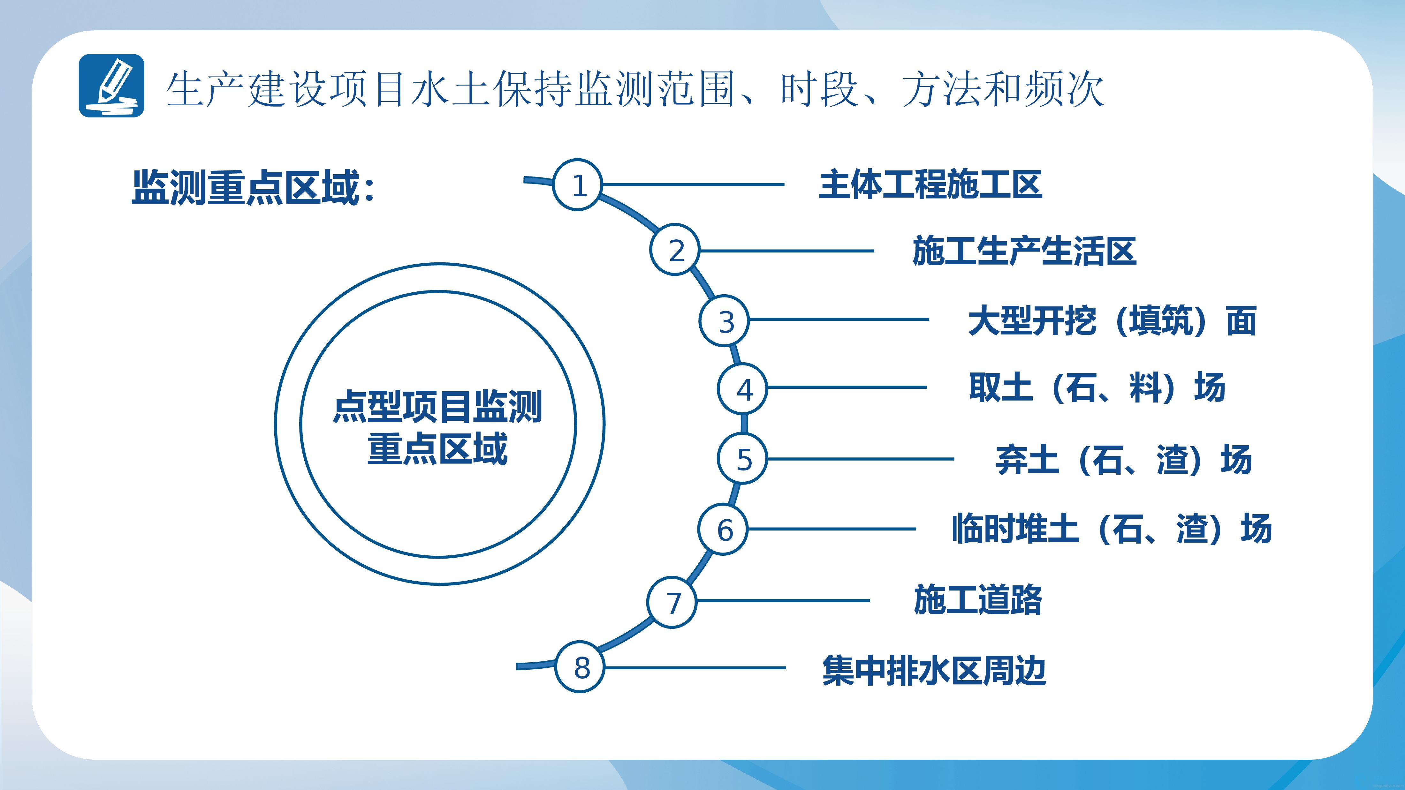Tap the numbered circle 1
coord(578,185)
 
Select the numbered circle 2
coord(675,250)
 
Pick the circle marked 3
coord(724,320)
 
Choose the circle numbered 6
coord(724,529)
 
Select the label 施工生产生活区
coord(1024,251)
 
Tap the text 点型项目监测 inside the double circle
coord(437,406)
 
